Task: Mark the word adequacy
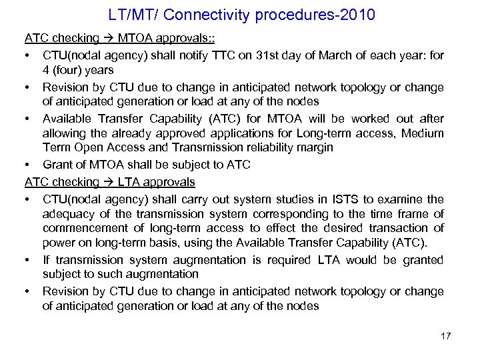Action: click(67, 214)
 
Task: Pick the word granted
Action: click(422, 260)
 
